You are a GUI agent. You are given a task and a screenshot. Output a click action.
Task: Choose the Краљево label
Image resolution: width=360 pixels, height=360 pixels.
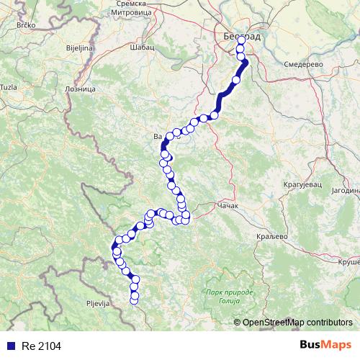click(x=271, y=236)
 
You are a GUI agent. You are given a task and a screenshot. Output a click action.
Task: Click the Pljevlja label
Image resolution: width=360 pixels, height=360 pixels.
click(x=96, y=304)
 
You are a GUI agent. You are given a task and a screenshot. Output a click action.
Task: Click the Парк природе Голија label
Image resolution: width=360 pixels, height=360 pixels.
click(x=229, y=297)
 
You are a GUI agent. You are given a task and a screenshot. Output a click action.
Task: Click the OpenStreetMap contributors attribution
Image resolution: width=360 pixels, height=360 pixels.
click(x=297, y=323)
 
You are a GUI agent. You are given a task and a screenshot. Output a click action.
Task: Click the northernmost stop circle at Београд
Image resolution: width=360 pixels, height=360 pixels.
click(x=240, y=42)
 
